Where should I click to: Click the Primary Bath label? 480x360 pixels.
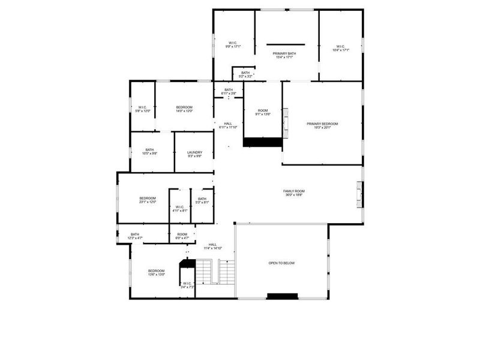[x=285, y=55]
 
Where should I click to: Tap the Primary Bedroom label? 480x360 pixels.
[x=322, y=125]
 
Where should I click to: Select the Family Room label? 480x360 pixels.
[x=294, y=193]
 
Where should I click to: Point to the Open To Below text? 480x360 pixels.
[x=281, y=263]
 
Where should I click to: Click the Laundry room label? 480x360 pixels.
[x=194, y=154]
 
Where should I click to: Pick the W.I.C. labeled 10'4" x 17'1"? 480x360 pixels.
[x=340, y=48]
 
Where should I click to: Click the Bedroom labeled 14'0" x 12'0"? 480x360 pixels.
[x=184, y=109]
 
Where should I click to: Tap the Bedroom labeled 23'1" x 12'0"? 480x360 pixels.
[x=148, y=200]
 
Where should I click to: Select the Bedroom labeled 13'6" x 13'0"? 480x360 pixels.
[x=157, y=272]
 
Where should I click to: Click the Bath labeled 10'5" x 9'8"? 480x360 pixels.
[x=149, y=151]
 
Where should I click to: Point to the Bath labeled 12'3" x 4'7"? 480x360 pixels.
[x=135, y=236]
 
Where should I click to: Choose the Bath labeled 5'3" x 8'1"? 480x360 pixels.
[x=202, y=200]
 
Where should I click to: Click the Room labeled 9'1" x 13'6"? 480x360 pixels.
[x=263, y=112]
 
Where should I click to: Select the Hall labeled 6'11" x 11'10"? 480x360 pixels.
[x=228, y=125]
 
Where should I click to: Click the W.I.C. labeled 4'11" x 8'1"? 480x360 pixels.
[x=180, y=208]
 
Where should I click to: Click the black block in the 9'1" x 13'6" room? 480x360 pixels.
[x=262, y=142]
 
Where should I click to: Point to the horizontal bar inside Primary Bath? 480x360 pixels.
[x=286, y=44]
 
